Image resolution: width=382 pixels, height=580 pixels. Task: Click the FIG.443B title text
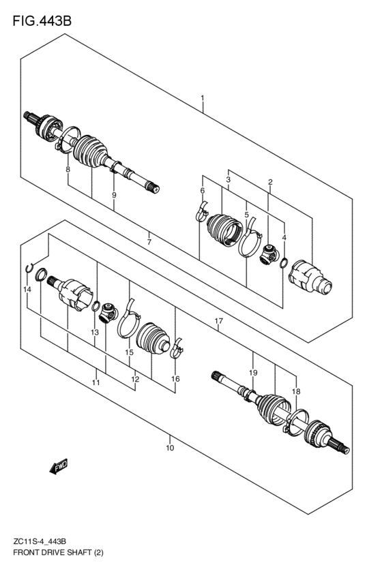pyautogui.click(x=42, y=22)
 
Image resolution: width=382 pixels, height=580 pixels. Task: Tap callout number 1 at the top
pyautogui.click(x=203, y=100)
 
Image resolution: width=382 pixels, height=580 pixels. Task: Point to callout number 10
pyautogui.click(x=170, y=448)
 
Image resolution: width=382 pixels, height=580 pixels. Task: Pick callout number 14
pyautogui.click(x=27, y=290)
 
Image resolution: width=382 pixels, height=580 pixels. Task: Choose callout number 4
pyautogui.click(x=284, y=238)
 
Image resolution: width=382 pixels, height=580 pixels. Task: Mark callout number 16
pyautogui.click(x=175, y=379)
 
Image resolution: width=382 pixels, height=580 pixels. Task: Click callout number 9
pyautogui.click(x=114, y=196)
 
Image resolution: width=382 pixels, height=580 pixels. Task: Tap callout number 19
pyautogui.click(x=252, y=373)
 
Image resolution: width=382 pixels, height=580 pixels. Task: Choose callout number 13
pyautogui.click(x=95, y=332)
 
